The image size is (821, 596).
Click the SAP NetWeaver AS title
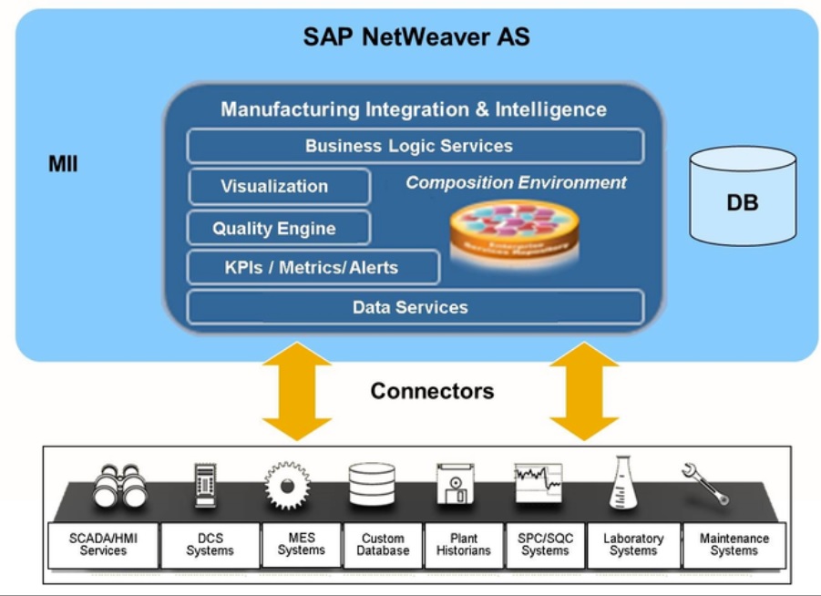click(416, 37)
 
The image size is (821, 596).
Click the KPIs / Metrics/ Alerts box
click(313, 268)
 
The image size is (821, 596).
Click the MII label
click(63, 165)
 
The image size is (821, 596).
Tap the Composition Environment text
click(516, 182)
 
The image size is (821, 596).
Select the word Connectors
click(432, 391)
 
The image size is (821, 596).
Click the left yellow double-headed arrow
click(297, 392)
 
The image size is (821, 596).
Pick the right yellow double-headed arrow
click(584, 392)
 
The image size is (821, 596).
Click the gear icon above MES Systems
click(287, 485)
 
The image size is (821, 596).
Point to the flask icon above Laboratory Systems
click(624, 483)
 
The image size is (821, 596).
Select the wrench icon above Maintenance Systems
click(706, 483)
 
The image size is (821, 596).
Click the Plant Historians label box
click(464, 545)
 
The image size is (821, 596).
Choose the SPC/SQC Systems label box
click(545, 545)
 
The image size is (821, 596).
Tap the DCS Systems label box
click(210, 545)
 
